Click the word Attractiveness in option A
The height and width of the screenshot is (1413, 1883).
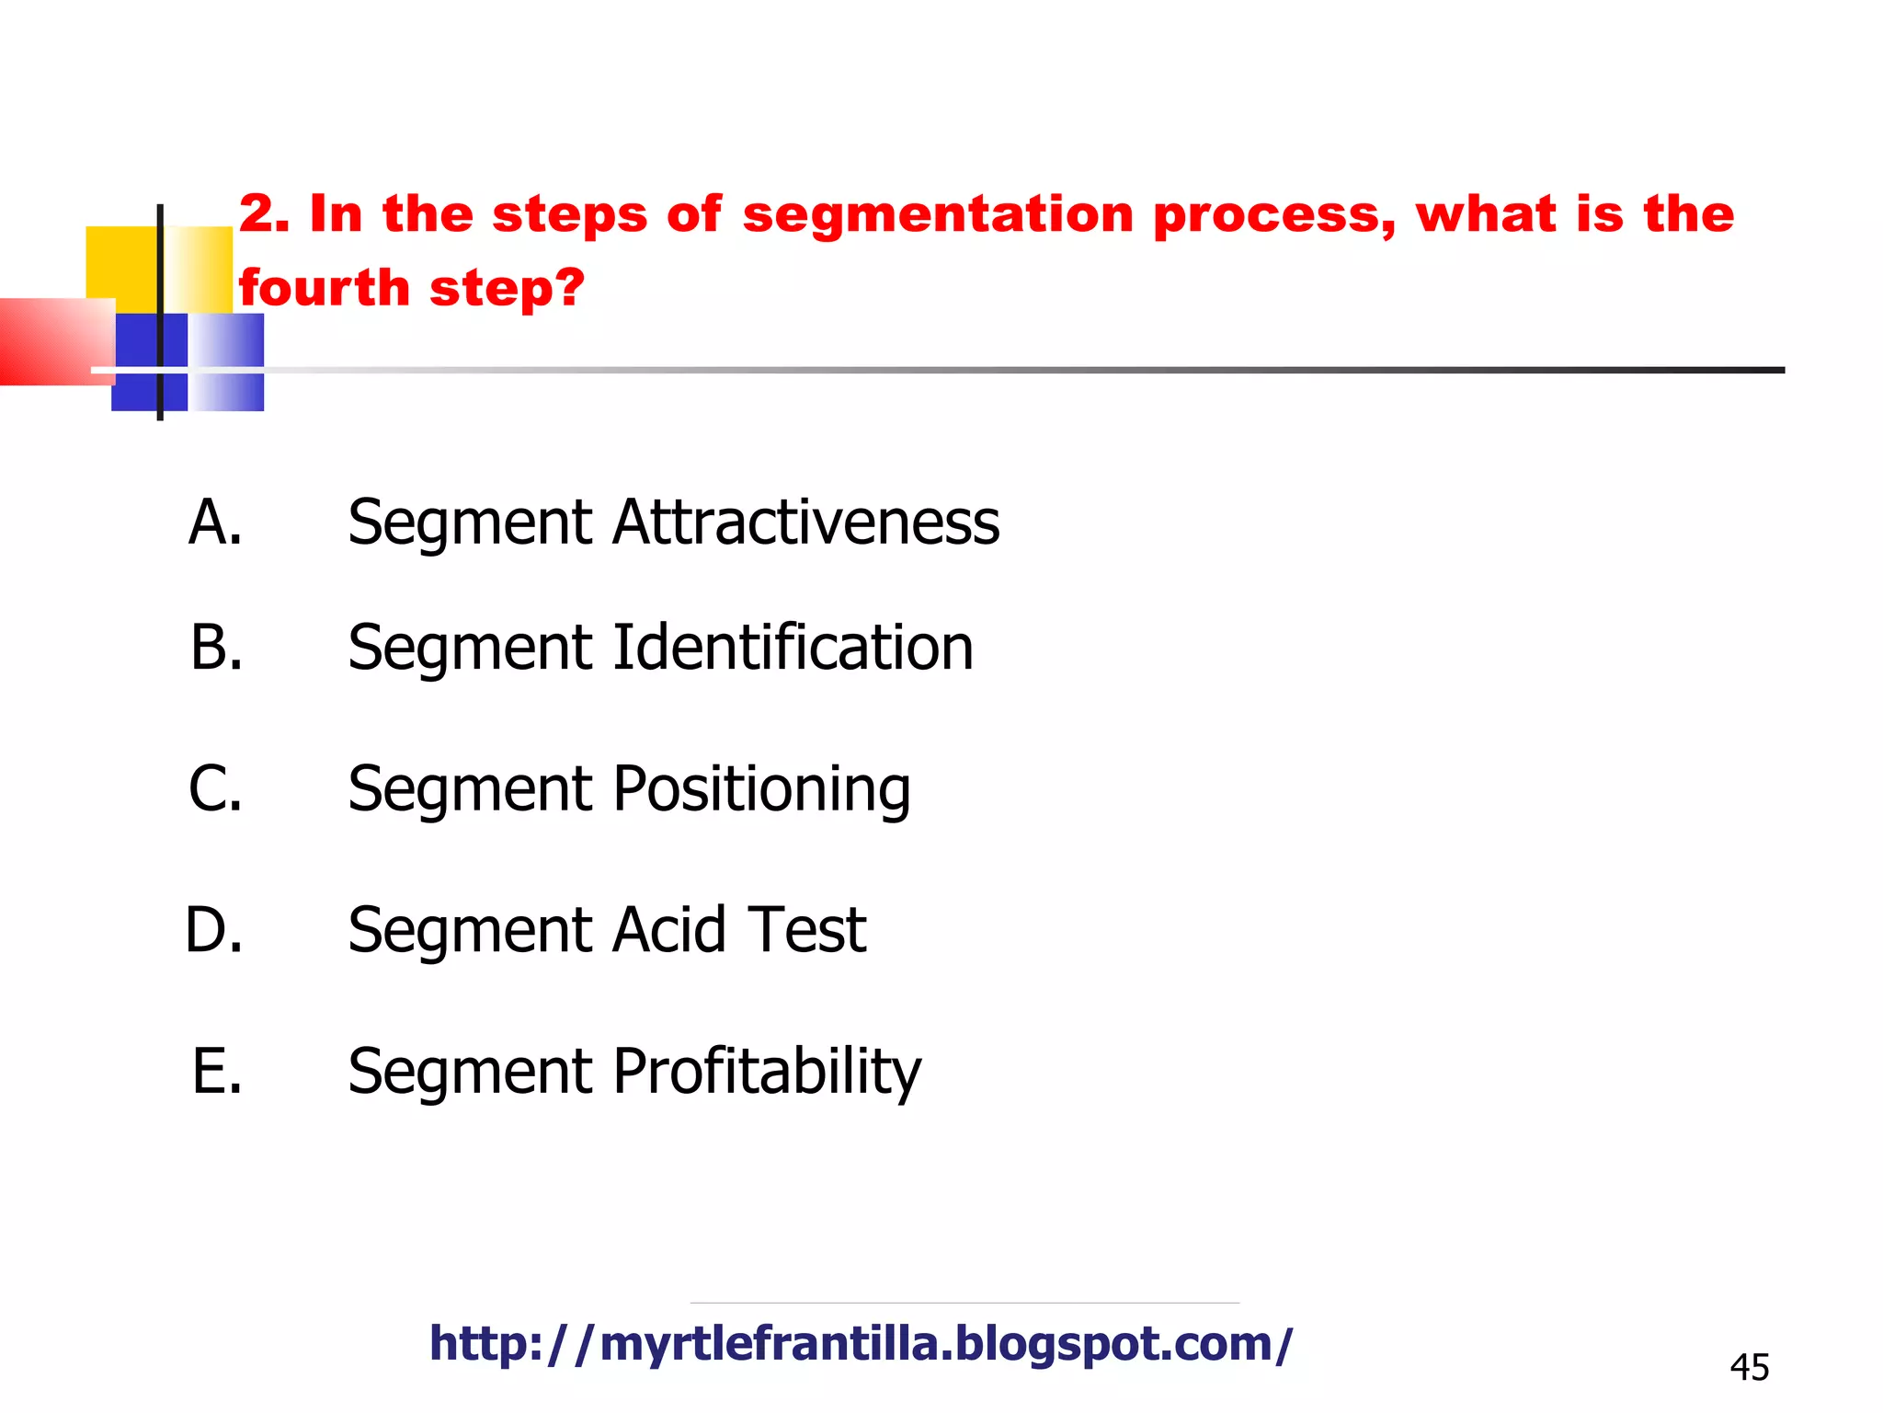click(805, 523)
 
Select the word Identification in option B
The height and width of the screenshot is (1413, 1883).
click(793, 648)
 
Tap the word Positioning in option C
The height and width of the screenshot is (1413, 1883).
click(761, 789)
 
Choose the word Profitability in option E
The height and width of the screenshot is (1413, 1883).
click(767, 1072)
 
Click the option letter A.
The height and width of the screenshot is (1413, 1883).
click(215, 523)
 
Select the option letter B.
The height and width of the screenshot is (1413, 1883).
click(217, 648)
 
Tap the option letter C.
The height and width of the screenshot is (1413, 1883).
click(216, 789)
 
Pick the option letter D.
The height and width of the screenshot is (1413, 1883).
click(214, 930)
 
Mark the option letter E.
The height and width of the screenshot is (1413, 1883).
click(217, 1072)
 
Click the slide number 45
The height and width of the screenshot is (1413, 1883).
click(1749, 1368)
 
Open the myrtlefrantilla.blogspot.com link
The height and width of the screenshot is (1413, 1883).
click(861, 1344)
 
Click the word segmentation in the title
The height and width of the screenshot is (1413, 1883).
click(938, 215)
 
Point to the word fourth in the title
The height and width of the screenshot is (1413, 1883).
click(324, 288)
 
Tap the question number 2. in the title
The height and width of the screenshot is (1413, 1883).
click(264, 214)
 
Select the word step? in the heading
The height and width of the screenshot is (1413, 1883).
click(507, 290)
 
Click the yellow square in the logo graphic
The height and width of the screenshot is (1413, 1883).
click(121, 262)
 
